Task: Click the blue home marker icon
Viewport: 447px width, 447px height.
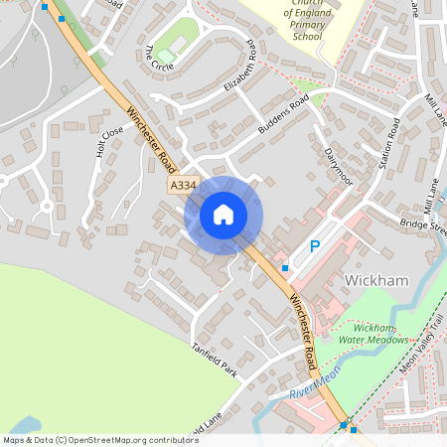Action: tap(223, 214)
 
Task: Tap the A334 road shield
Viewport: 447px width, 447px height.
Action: tap(184, 186)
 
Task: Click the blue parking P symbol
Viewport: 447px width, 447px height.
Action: tap(315, 246)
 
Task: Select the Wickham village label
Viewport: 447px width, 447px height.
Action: tap(376, 281)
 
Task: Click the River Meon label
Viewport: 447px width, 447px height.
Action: tap(316, 386)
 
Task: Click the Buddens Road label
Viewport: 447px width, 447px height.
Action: tap(285, 117)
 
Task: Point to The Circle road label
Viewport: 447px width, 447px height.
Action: tap(158, 59)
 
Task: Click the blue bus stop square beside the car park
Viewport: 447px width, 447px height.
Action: tap(285, 268)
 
